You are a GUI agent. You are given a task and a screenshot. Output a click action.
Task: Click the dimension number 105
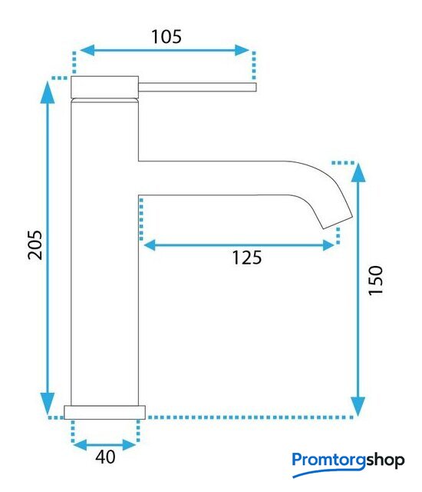pyautogui.click(x=166, y=37)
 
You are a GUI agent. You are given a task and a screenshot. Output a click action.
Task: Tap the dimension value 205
pyautogui.click(x=35, y=245)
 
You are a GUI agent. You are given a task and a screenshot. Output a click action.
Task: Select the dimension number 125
pyautogui.click(x=247, y=258)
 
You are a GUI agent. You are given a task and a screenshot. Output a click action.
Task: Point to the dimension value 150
pyautogui.click(x=376, y=280)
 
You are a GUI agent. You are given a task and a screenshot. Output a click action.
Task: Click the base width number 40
pyautogui.click(x=106, y=457)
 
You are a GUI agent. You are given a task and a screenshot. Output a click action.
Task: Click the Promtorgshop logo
pyautogui.click(x=348, y=464)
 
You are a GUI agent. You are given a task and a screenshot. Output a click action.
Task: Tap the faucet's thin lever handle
pyautogui.click(x=197, y=87)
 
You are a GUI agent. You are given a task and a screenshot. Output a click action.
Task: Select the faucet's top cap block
pyautogui.click(x=105, y=87)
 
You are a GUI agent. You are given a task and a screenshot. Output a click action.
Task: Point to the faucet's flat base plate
pyautogui.click(x=105, y=412)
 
